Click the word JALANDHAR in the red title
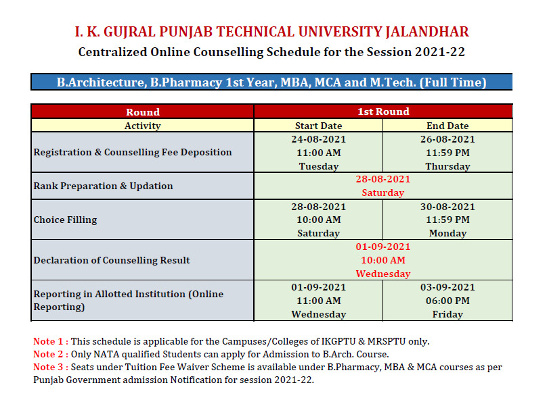click(x=427, y=32)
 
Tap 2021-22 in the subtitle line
click(x=439, y=52)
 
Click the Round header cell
click(x=143, y=111)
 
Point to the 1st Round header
click(x=383, y=111)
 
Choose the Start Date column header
click(x=318, y=126)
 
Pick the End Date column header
click(x=447, y=126)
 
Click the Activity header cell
click(x=143, y=126)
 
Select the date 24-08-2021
click(x=318, y=139)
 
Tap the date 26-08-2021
click(x=447, y=139)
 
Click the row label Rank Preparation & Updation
click(x=104, y=186)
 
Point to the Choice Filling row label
click(x=65, y=220)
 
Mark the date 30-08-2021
click(x=447, y=207)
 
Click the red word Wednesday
click(x=383, y=274)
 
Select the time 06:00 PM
click(x=447, y=301)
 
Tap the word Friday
click(x=447, y=314)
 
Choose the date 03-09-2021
click(x=447, y=287)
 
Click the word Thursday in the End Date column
click(x=447, y=166)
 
